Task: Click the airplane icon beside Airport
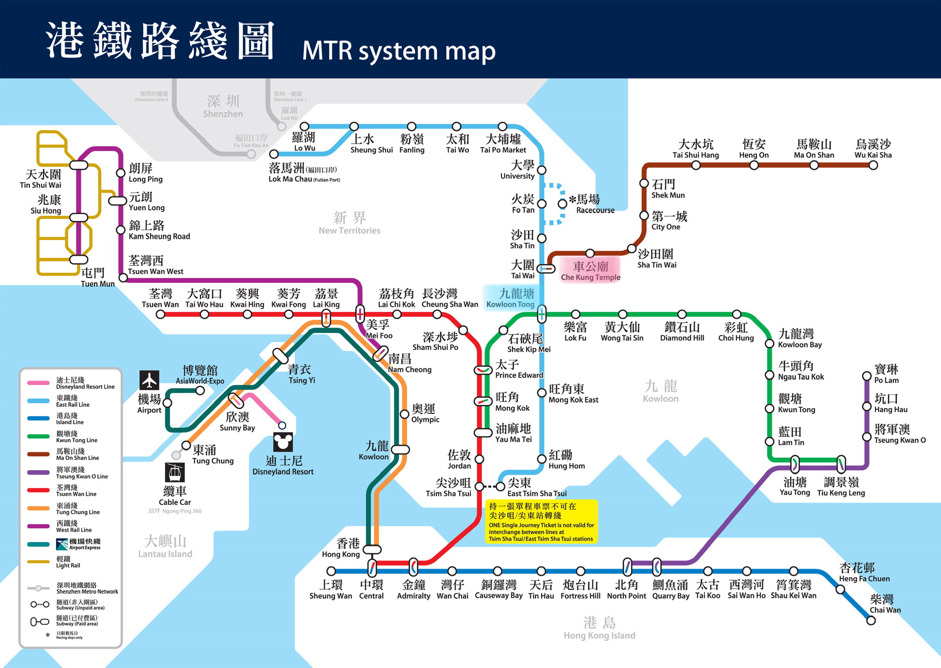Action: (149, 380)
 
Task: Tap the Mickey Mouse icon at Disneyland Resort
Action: (283, 442)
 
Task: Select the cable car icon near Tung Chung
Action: (175, 472)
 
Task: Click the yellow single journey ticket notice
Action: (541, 522)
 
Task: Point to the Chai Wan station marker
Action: (871, 620)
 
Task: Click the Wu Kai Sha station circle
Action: (873, 165)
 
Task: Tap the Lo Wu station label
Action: (304, 142)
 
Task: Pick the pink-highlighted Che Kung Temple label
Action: (591, 271)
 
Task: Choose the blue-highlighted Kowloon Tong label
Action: (510, 298)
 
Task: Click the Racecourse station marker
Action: (563, 204)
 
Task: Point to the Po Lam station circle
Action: (867, 376)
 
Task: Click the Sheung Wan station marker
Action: (331, 571)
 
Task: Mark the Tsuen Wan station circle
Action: (160, 314)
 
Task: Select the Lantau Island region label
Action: (165, 547)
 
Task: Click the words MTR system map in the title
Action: (399, 51)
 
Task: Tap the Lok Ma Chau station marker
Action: (274, 154)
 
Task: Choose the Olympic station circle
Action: (404, 414)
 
